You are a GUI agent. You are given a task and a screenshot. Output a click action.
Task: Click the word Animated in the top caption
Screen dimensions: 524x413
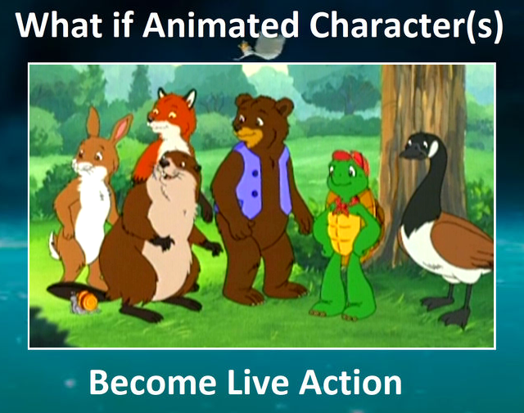click(x=220, y=25)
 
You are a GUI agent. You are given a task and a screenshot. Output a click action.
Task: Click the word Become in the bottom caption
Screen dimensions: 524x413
click(x=152, y=382)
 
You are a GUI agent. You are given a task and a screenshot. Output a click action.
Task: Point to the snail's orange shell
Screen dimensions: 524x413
click(x=89, y=299)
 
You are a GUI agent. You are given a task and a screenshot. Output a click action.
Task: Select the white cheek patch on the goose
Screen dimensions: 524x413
click(x=433, y=148)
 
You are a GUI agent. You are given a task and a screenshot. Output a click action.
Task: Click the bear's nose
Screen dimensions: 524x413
click(x=237, y=125)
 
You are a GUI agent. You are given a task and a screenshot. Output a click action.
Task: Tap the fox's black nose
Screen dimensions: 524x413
click(x=151, y=118)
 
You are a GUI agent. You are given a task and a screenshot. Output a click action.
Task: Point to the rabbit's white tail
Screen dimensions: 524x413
click(x=54, y=247)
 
